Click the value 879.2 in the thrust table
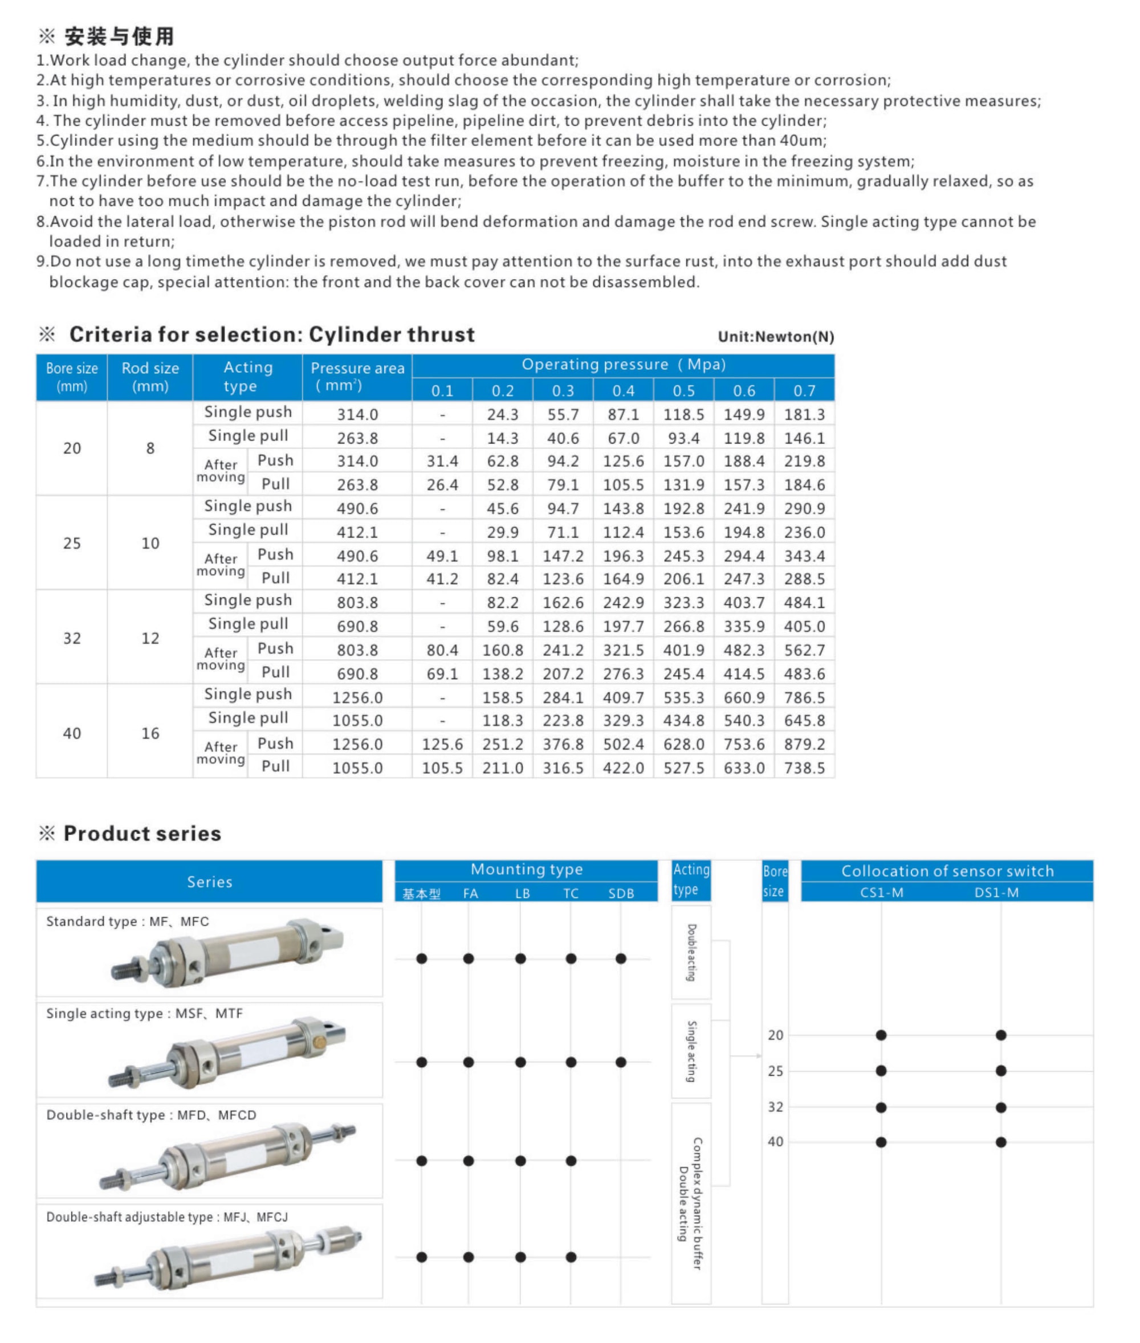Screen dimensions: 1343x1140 click(804, 744)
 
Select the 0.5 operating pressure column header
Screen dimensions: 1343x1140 click(683, 391)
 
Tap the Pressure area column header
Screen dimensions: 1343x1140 click(357, 377)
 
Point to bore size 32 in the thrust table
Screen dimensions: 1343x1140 click(72, 638)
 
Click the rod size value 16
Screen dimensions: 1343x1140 click(150, 733)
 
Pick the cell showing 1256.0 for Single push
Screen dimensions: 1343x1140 click(357, 697)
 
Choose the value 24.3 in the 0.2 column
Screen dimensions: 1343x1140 click(502, 414)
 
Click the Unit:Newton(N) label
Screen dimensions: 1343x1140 click(776, 337)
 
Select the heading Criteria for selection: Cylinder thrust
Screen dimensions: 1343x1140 click(271, 334)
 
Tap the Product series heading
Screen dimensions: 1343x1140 click(142, 833)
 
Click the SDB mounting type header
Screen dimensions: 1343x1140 click(620, 893)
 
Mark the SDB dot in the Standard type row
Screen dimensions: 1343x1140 click(620, 958)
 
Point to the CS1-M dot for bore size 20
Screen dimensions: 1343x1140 click(881, 1035)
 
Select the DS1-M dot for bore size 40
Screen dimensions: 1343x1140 click(1000, 1142)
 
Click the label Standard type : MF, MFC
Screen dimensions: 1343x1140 click(127, 921)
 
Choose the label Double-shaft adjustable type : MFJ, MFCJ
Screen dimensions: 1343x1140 click(167, 1217)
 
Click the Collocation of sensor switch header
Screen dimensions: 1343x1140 click(947, 871)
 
